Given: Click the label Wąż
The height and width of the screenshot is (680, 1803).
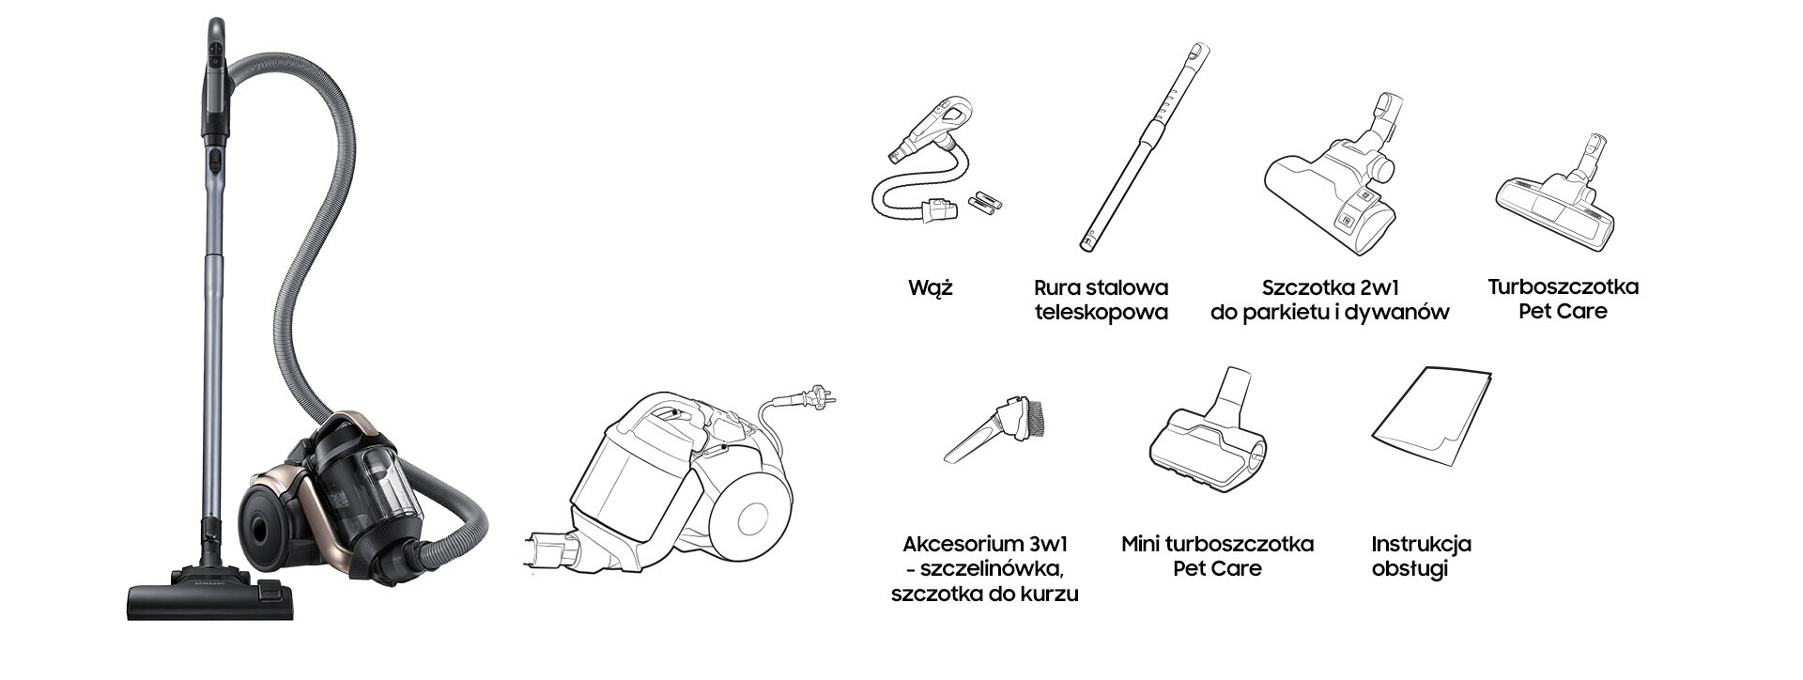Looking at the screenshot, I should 930,287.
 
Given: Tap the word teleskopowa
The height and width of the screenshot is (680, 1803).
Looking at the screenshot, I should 1101,313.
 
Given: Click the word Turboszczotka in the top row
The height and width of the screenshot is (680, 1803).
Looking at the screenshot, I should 1563,286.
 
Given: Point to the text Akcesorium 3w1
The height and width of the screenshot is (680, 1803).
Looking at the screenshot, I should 985,544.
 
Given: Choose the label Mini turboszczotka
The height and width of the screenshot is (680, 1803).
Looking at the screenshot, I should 1217,544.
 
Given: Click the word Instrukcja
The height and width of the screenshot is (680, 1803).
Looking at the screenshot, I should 1421,544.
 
